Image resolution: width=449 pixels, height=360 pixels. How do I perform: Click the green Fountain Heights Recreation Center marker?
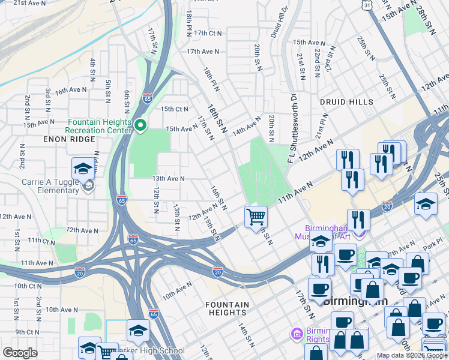(140, 125)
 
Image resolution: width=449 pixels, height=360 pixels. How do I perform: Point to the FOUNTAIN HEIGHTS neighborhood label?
(228, 308)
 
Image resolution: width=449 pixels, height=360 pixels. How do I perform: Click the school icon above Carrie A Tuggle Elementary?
(83, 168)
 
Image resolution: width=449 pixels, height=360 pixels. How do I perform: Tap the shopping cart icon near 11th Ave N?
(256, 217)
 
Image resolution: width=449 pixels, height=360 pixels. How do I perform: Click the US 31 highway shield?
(366, 5)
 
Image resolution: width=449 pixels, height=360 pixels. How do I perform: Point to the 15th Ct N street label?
(174, 109)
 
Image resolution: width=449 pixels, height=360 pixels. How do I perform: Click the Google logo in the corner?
(20, 353)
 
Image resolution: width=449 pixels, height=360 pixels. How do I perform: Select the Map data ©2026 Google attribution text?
(411, 355)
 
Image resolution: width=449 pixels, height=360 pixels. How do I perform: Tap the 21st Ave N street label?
(29, 3)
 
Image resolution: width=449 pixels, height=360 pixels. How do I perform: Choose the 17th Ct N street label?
(208, 34)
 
